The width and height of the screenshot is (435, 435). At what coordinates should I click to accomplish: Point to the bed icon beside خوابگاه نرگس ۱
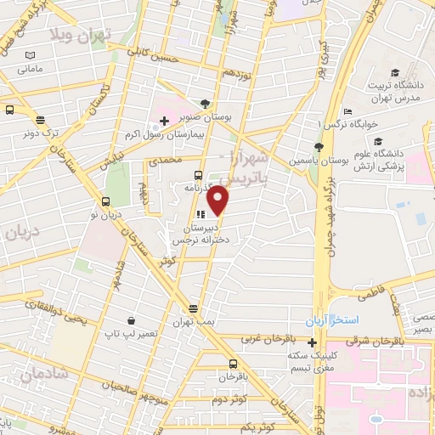347,111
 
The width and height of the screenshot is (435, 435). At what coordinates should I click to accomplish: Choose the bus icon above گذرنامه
199,175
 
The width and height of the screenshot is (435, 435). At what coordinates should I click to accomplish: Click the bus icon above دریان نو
105,201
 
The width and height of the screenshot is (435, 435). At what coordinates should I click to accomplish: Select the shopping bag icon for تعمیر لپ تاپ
132,320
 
